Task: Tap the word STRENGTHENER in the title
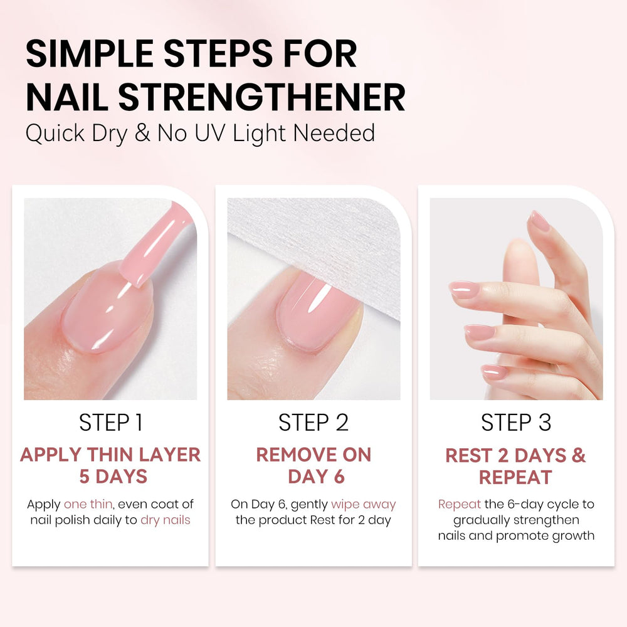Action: (x=262, y=97)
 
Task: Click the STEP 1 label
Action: (x=111, y=423)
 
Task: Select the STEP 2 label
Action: (x=313, y=423)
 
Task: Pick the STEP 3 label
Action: (x=516, y=423)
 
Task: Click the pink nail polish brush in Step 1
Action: (x=156, y=244)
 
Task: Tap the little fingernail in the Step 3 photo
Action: (x=494, y=372)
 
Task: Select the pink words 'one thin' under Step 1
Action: (x=88, y=504)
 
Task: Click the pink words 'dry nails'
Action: (x=166, y=520)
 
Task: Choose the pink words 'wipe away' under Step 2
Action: (x=364, y=505)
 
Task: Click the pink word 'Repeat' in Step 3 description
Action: (x=460, y=505)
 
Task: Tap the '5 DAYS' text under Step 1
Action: (x=113, y=477)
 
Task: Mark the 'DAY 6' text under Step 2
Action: (x=316, y=477)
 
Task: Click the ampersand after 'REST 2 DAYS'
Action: (x=579, y=455)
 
